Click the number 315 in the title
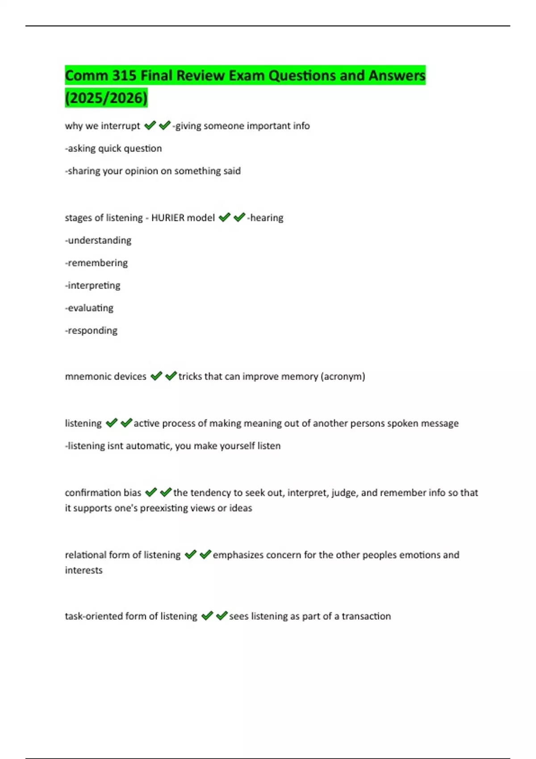point(124,75)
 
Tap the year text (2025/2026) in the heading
point(106,98)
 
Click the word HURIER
point(168,218)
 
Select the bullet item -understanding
point(98,240)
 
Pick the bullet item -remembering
point(96,263)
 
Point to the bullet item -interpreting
point(93,285)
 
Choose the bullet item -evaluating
point(89,308)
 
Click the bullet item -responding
point(91,330)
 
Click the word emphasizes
point(238,555)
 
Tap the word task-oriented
point(93,616)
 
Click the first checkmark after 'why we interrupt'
point(150,125)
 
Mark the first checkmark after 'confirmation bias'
point(151,492)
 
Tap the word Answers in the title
point(397,75)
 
